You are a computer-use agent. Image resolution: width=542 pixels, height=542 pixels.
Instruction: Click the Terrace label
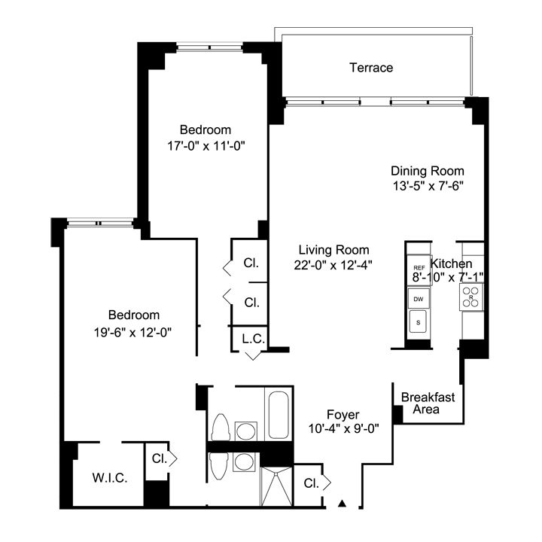371,68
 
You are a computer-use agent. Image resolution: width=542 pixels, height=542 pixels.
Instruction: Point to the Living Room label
333,250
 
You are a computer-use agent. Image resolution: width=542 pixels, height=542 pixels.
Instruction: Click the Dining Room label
427,170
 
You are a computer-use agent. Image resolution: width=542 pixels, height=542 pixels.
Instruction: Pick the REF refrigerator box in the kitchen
419,268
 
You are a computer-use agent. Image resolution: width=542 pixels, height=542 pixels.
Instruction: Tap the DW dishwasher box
419,299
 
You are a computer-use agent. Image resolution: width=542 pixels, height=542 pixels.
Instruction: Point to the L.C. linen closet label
253,339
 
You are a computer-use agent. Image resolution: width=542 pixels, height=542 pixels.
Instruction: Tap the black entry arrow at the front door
343,503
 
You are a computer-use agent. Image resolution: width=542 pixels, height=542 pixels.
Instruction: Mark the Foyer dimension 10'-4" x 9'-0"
343,428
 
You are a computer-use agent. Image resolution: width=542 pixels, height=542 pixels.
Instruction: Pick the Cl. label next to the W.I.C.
158,458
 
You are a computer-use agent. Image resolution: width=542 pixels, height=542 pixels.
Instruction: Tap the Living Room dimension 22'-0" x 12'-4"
333,264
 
